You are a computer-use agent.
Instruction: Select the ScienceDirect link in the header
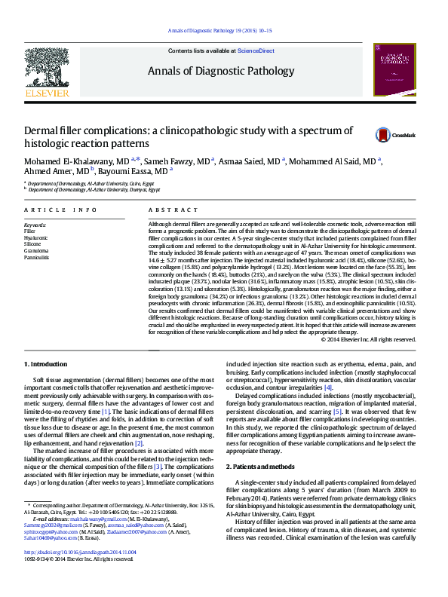[256, 51]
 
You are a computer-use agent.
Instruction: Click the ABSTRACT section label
[167, 210]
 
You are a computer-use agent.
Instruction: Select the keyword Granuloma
[35, 251]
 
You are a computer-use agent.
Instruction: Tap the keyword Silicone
[33, 244]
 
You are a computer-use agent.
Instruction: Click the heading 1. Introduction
[48, 365]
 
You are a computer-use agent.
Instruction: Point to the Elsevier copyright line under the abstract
[369, 339]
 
